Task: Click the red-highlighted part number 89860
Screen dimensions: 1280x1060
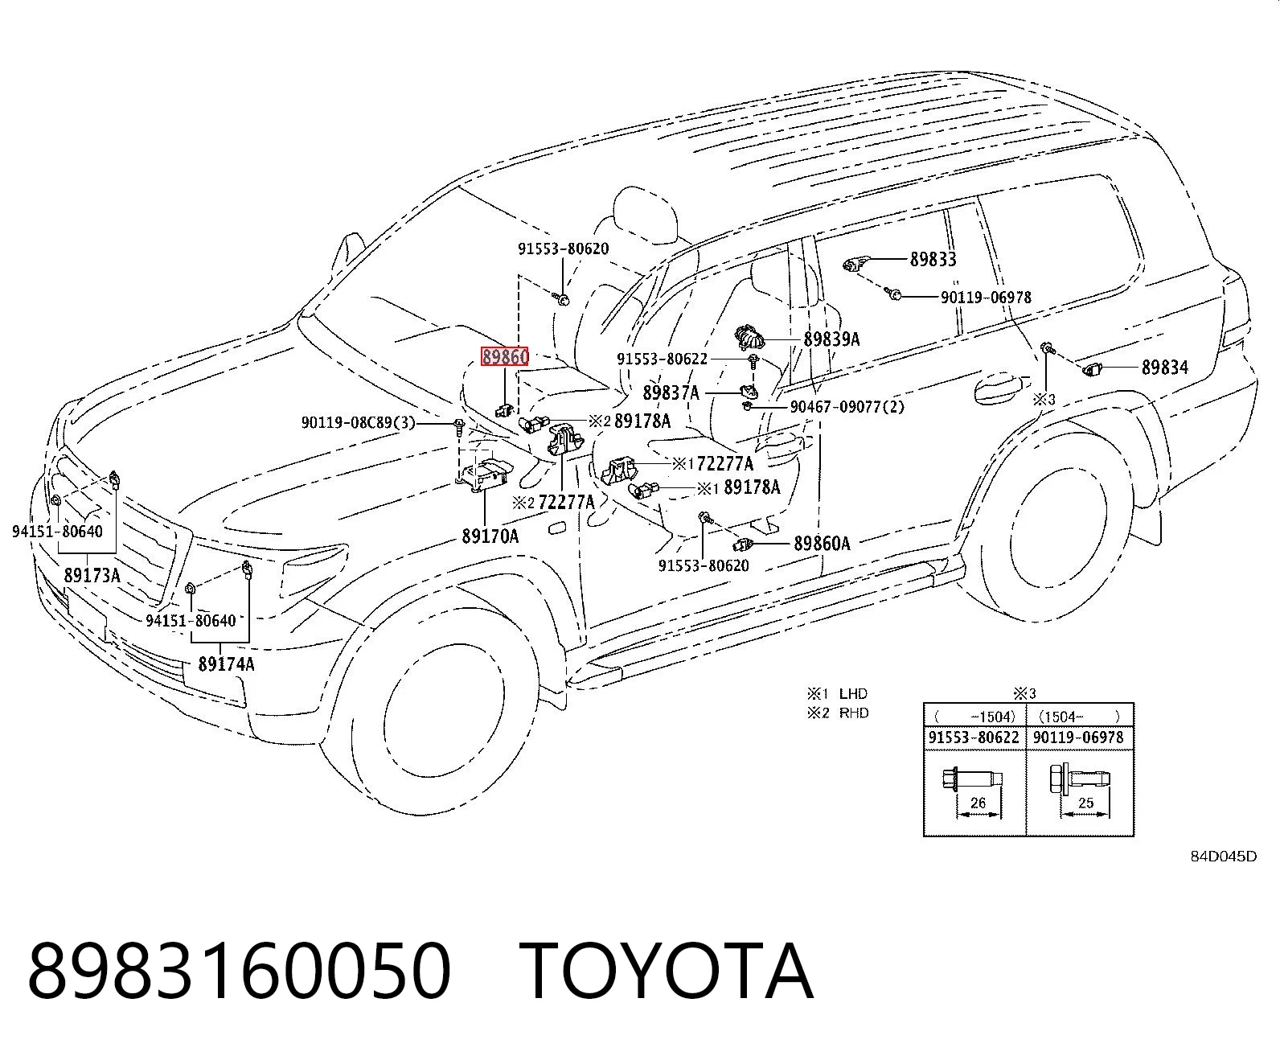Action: [504, 356]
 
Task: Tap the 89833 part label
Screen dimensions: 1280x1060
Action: [933, 260]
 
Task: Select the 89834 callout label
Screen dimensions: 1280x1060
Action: [1165, 368]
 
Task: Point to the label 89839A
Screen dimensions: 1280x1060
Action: [832, 339]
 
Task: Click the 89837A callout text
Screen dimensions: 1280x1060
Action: [671, 392]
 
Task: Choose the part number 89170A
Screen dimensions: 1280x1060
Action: [490, 536]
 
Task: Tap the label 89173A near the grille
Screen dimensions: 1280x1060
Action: [92, 575]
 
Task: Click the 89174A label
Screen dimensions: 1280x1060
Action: [226, 664]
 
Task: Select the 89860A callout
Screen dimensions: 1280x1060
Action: [822, 544]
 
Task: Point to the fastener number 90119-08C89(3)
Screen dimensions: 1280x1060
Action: [359, 423]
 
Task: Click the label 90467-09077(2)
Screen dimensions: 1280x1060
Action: [847, 407]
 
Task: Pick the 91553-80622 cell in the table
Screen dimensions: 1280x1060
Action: [974, 737]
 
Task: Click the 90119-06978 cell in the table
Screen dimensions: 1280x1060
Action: [1078, 737]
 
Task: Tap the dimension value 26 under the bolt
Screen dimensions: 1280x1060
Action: [978, 803]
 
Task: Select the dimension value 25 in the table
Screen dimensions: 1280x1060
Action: [1085, 803]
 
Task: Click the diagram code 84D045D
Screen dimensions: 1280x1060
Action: [1224, 857]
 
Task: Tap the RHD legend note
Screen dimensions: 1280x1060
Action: [838, 713]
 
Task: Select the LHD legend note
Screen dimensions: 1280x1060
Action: [838, 694]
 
